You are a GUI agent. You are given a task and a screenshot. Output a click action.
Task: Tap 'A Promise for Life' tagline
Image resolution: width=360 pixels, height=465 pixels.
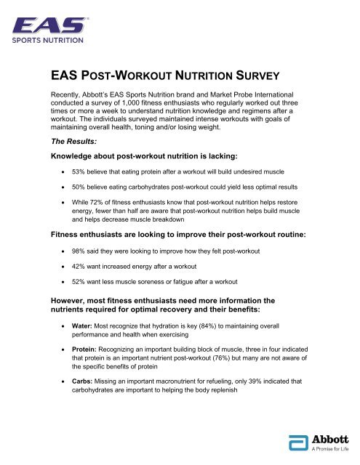[332, 451]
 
